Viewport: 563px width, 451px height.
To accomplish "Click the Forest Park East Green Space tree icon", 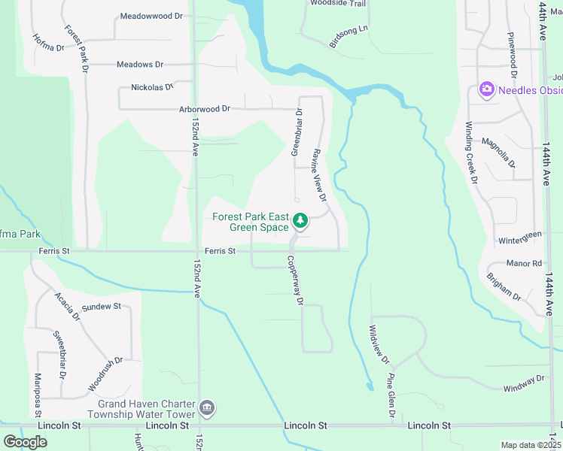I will [300, 221].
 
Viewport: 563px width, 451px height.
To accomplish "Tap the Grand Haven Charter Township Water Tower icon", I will [208, 408].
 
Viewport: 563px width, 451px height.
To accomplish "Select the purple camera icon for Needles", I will [486, 90].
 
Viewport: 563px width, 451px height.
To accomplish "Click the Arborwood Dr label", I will [205, 109].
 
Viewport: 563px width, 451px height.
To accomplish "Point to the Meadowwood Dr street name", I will [151, 15].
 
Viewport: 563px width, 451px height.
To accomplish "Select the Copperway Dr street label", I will [293, 280].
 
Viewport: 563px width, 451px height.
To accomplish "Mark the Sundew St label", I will [102, 307].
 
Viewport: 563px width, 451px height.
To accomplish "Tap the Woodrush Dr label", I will [105, 374].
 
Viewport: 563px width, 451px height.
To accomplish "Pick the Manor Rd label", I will [525, 264].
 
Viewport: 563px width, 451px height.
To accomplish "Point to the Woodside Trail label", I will [338, 4].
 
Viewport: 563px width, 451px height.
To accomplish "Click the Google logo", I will [26, 442].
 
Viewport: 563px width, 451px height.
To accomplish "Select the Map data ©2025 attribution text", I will [530, 445].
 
